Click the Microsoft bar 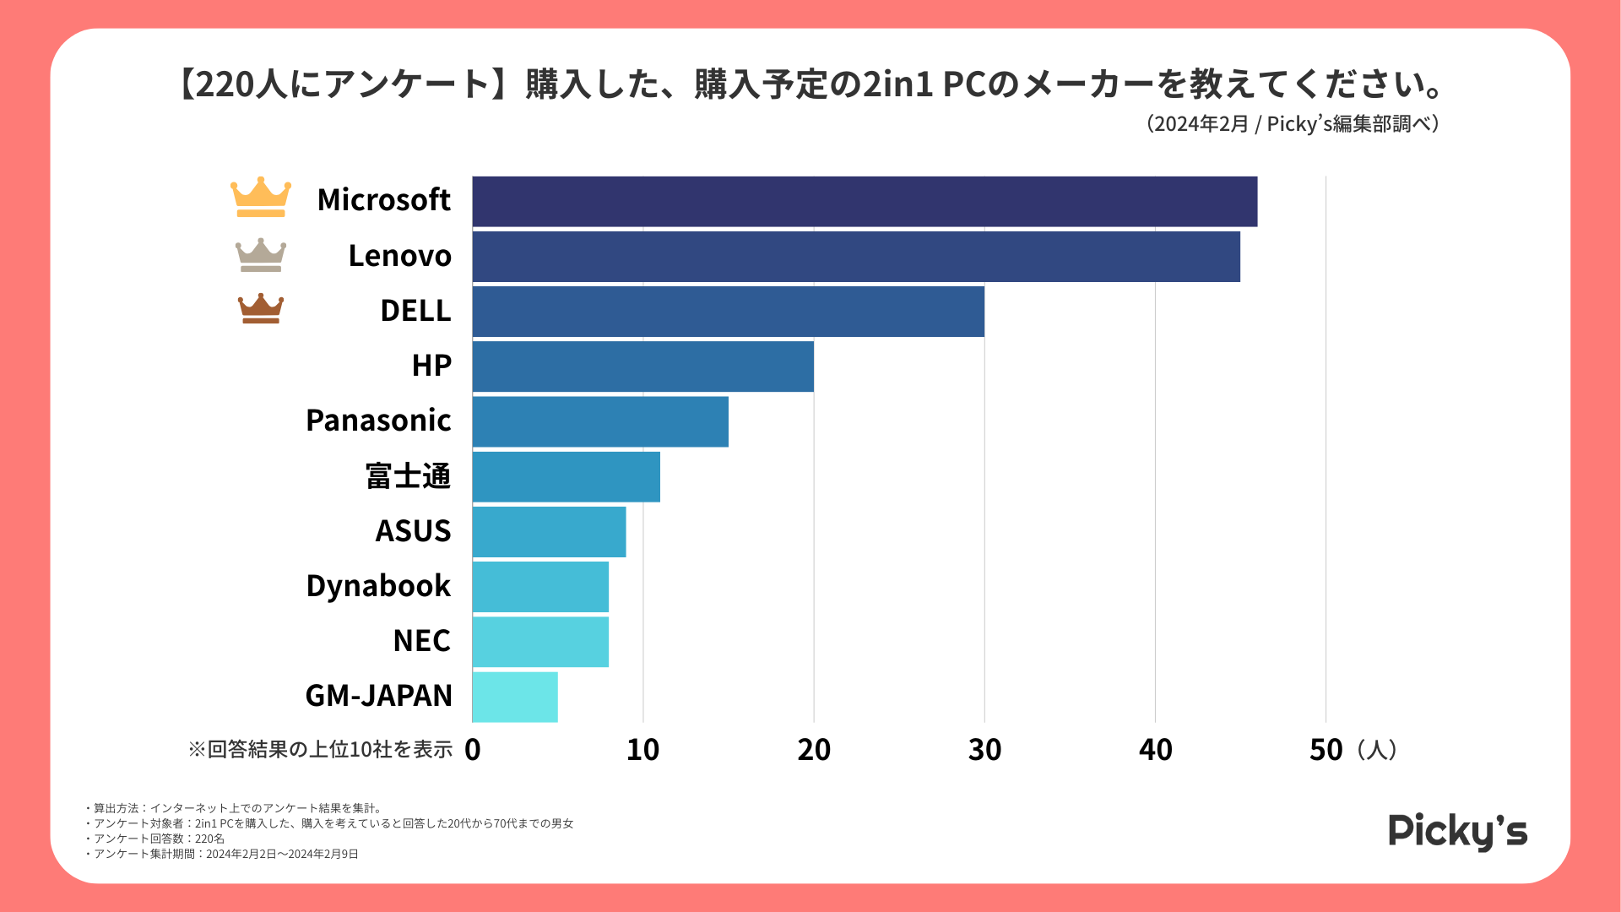865,202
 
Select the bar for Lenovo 856,257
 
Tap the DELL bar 728,312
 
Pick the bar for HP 642,366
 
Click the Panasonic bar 600,421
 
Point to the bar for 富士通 566,476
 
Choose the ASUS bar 549,531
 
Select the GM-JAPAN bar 515,697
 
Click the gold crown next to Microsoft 261,198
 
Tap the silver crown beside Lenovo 261,255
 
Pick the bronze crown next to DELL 261,309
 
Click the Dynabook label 378,586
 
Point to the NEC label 421,641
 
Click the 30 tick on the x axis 984,750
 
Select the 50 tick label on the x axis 1326,750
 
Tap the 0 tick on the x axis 473,750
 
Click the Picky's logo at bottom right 1458,832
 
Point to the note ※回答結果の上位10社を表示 320,750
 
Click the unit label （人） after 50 1377,750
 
